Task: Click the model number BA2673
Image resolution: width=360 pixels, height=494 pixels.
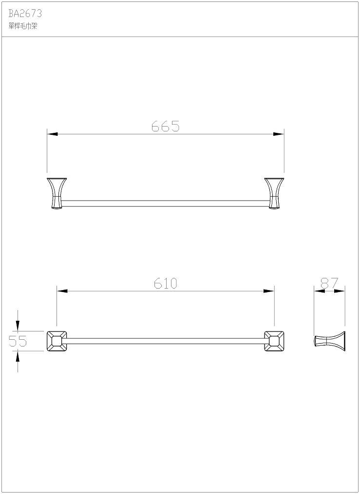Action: click(25, 14)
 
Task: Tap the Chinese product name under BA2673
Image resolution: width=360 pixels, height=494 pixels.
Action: click(23, 26)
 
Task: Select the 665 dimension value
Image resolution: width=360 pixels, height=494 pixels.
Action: click(166, 127)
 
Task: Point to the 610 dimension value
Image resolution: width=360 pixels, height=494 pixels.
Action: click(166, 284)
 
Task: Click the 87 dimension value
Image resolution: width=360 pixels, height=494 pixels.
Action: click(329, 283)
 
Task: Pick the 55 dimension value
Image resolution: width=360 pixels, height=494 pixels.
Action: click(18, 341)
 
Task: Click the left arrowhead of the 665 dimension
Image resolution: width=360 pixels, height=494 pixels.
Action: click(52, 134)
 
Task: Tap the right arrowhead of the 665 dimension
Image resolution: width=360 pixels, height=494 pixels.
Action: click(279, 134)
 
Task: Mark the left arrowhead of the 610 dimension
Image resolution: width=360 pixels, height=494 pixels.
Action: click(62, 291)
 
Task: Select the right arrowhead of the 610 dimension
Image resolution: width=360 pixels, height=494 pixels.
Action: click(269, 291)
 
